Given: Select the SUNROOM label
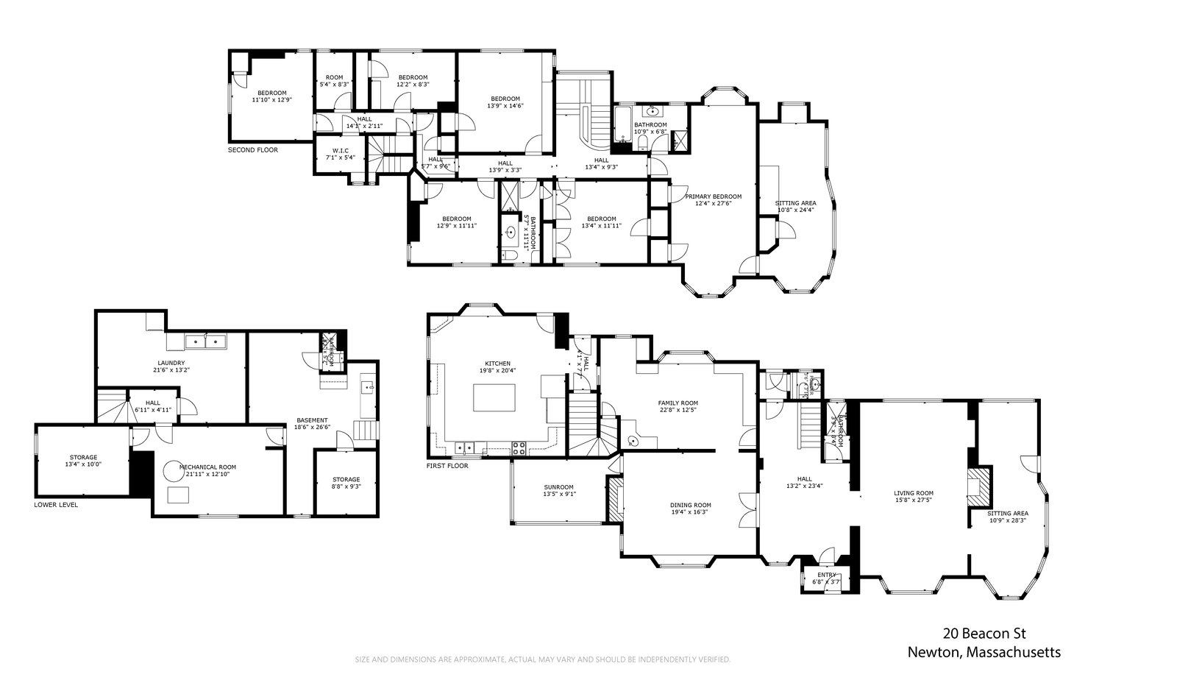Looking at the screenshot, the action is [558, 487].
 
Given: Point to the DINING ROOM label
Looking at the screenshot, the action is [690, 505].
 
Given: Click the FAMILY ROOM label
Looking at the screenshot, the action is [678, 403].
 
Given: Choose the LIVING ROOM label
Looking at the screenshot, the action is [914, 493].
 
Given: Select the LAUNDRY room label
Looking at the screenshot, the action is [171, 363].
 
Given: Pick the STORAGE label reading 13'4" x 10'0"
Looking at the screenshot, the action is [83, 458].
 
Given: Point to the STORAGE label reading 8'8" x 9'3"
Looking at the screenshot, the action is [346, 480].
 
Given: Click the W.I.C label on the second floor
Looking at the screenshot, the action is [340, 151].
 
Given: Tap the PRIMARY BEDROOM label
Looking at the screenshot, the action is [713, 196].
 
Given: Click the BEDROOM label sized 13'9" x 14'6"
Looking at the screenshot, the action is [505, 99].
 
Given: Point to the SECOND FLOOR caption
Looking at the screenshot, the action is [253, 150].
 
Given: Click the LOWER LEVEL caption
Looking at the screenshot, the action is [56, 505].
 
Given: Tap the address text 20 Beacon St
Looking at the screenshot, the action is [984, 633].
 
